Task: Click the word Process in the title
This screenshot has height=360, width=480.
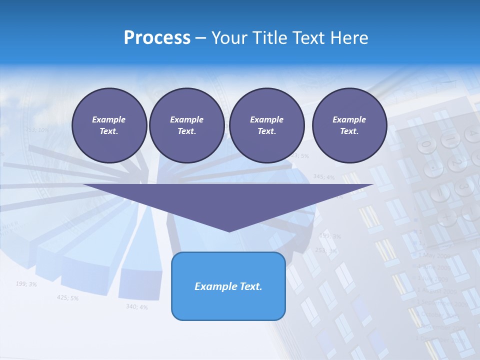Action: [157, 38]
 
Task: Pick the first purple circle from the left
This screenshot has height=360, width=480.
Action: [109, 125]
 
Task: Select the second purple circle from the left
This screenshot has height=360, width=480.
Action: [186, 125]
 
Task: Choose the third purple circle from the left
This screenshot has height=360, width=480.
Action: [267, 125]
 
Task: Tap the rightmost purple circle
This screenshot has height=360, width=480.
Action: [349, 125]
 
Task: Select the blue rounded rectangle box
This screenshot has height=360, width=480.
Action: [228, 286]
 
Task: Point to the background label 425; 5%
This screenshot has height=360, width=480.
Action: [67, 298]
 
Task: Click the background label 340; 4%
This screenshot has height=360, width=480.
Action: [136, 306]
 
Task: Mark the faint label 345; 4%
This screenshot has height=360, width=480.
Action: [324, 176]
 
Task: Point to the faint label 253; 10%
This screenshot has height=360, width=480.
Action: [37, 130]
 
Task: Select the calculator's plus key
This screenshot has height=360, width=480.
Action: [446, 217]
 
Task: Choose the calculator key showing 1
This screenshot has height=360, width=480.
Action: [450, 138]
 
